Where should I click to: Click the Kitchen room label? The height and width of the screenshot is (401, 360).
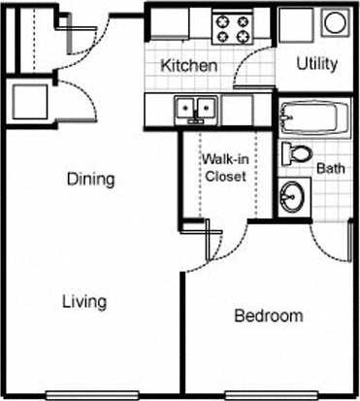coord(188,66)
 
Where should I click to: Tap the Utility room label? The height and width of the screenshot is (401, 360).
coord(316,65)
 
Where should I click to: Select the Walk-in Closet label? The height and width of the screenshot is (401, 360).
coord(223,168)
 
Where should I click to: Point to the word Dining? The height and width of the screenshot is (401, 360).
coord(91,180)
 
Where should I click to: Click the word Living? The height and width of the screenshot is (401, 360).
coord(84,301)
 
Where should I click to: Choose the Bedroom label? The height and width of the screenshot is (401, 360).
coord(269,317)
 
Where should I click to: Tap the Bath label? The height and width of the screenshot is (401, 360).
coord(332,168)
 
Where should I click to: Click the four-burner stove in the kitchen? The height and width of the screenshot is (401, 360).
coord(232,27)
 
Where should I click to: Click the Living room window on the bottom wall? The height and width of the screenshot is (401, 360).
coord(85,394)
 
